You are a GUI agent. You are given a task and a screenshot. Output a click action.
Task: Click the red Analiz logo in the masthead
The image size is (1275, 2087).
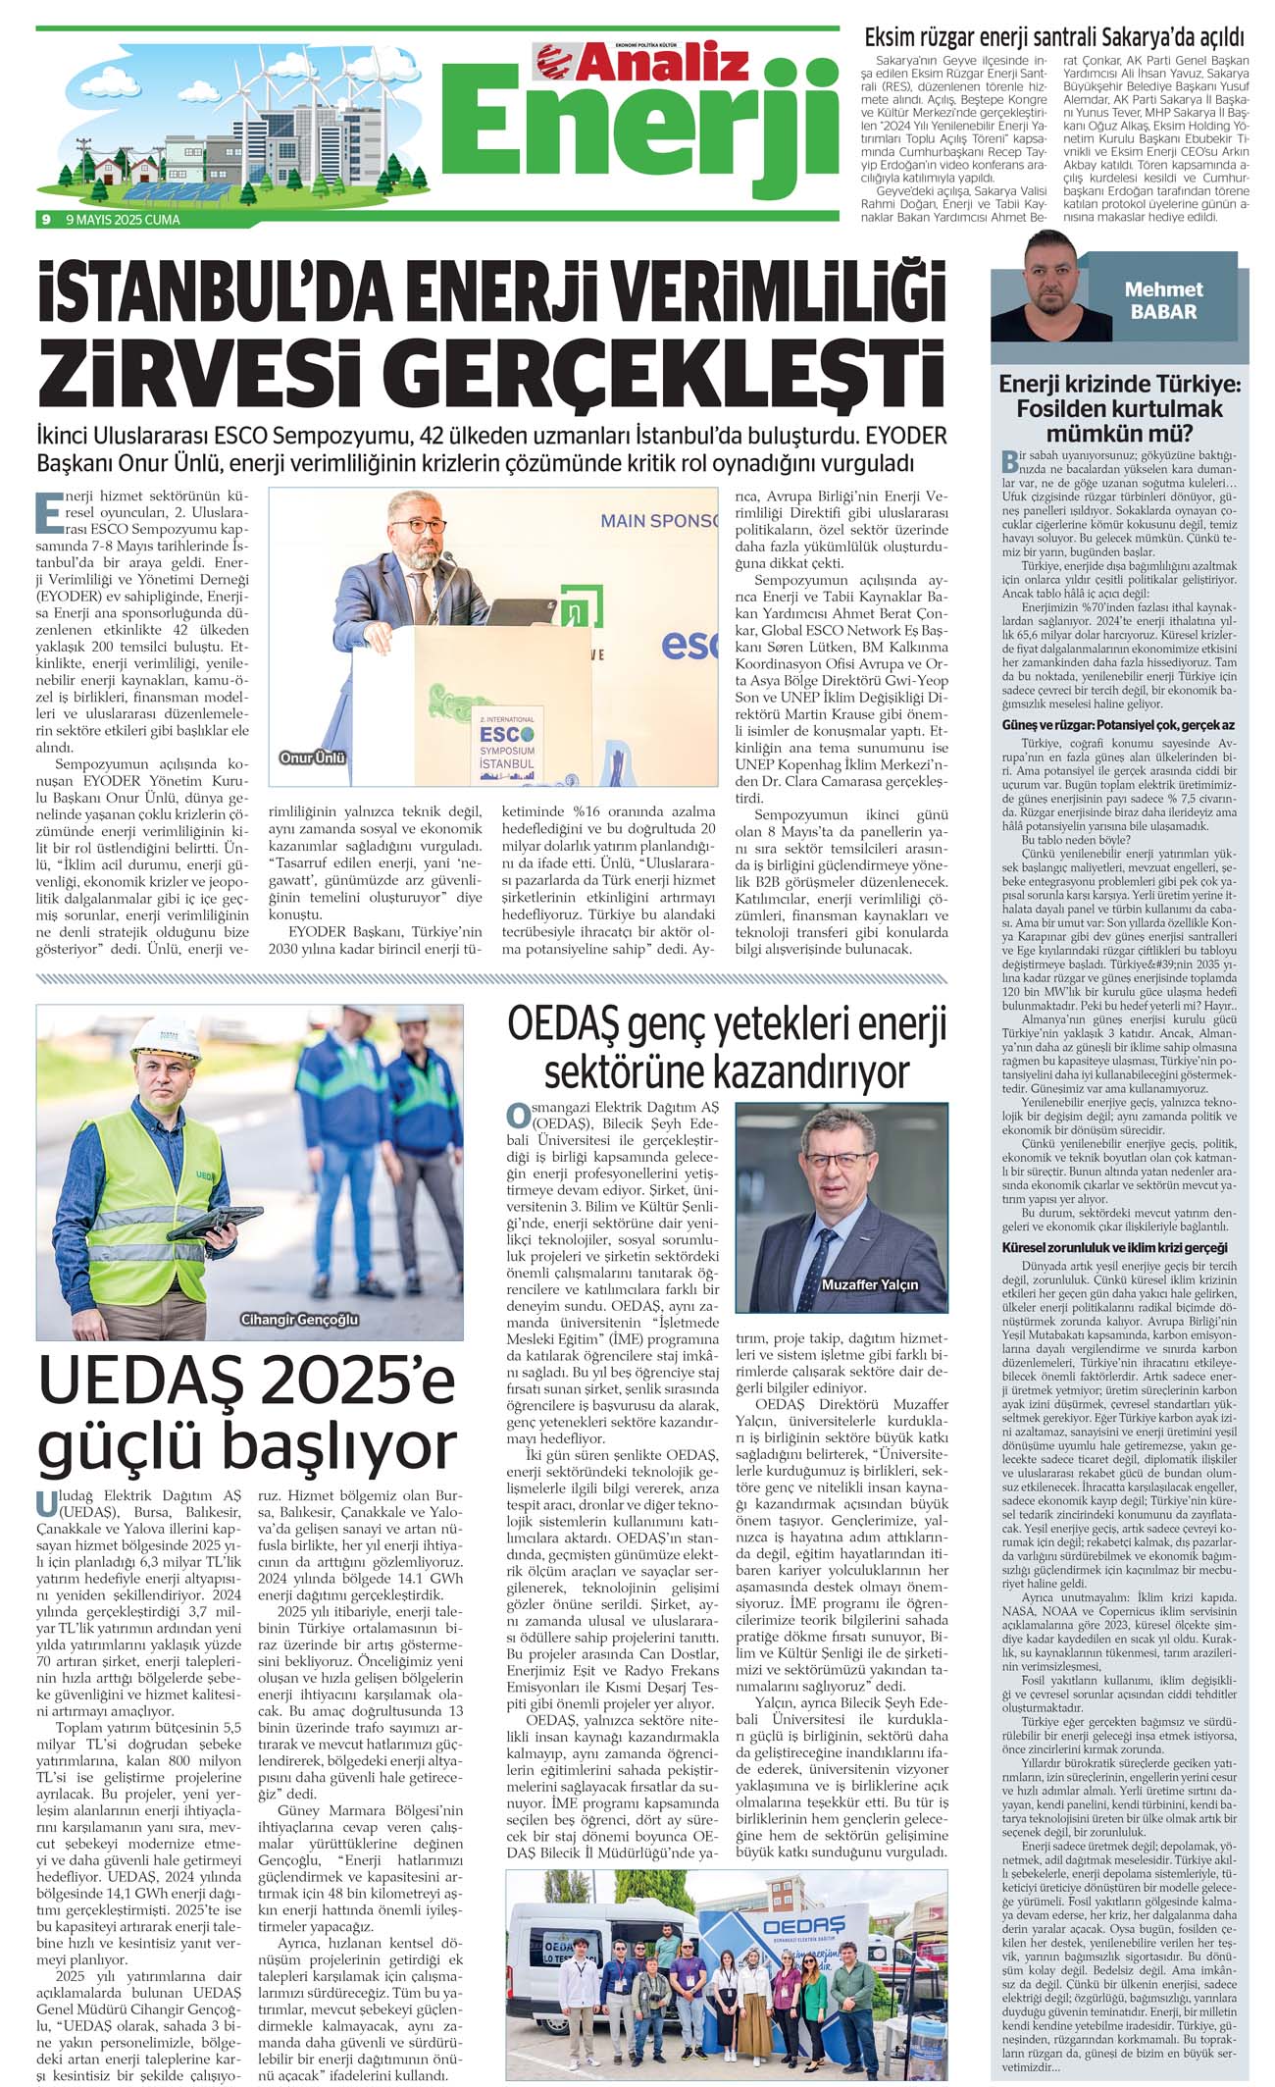pyautogui.click(x=642, y=62)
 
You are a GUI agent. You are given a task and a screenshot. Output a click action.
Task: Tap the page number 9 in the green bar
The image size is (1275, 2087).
pyautogui.click(x=46, y=220)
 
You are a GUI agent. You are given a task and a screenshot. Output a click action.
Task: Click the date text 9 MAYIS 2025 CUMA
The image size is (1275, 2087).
pyautogui.click(x=123, y=220)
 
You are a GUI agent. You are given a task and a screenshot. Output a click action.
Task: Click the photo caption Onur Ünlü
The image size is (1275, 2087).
pyautogui.click(x=313, y=757)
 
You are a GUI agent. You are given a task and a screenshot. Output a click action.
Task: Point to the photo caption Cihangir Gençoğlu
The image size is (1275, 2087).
pyautogui.click(x=300, y=1320)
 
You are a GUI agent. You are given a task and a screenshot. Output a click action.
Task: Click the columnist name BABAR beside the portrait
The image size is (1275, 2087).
pyautogui.click(x=1163, y=312)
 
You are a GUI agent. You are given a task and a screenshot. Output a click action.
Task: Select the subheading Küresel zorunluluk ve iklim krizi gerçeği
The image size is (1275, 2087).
pyautogui.click(x=1114, y=1247)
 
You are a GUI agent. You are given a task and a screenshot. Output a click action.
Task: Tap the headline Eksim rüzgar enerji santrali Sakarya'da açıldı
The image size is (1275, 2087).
pyautogui.click(x=1053, y=38)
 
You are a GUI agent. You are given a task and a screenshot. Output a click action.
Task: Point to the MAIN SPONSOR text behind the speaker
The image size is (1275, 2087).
pyautogui.click(x=659, y=521)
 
